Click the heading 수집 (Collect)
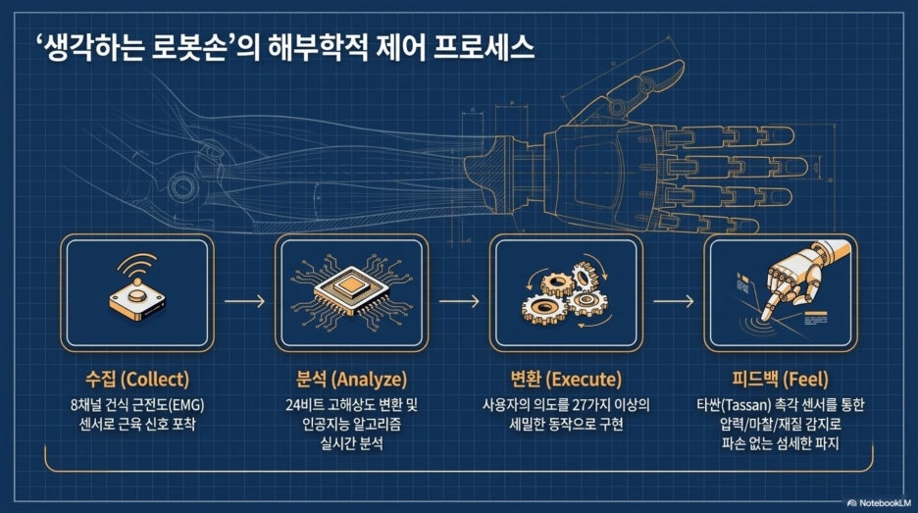tap(137, 379)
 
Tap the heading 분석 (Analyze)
tap(351, 379)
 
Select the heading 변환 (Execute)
tap(566, 379)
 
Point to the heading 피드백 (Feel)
tap(780, 379)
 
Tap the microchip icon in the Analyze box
tap(351, 291)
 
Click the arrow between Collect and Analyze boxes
tap(245, 301)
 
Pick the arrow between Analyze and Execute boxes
tap(459, 301)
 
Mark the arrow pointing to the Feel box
tap(673, 301)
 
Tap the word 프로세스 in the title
tap(483, 47)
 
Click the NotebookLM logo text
tap(880, 502)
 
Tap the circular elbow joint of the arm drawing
tap(181, 186)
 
